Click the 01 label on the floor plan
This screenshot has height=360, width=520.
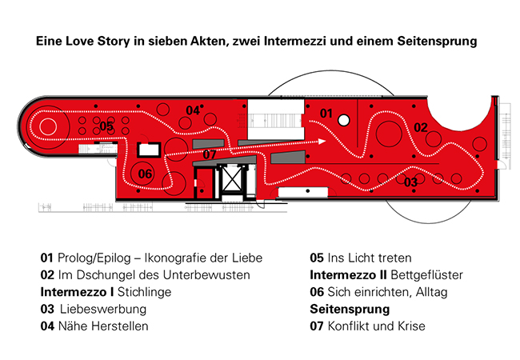[326, 114]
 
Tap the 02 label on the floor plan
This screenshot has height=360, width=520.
[421, 127]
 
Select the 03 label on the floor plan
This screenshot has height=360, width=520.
[411, 182]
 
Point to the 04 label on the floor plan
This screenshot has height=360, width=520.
[193, 110]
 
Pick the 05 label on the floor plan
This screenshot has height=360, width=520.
[106, 126]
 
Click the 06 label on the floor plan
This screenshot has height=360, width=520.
[145, 174]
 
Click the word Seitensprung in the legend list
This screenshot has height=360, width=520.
[350, 309]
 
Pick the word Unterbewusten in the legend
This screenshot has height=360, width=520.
[209, 275]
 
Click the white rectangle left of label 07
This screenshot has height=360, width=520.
[146, 149]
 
